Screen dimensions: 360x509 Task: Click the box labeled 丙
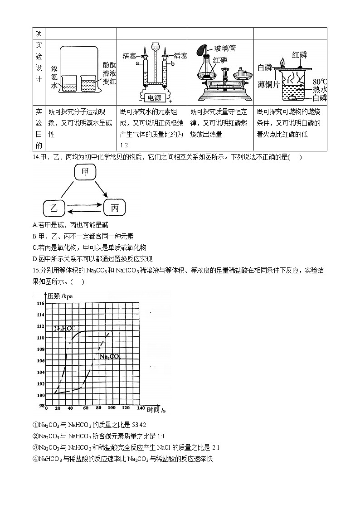point(115,208)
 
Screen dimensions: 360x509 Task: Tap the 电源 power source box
point(153,97)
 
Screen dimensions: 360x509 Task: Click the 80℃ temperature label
point(320,82)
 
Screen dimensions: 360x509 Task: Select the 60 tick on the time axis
point(85,409)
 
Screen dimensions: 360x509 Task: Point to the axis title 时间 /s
point(156,409)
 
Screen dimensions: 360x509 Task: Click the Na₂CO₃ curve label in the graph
point(109,357)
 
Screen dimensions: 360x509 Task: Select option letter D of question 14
point(35,259)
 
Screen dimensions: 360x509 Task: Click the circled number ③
point(35,447)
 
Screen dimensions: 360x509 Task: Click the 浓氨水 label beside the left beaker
point(54,75)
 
